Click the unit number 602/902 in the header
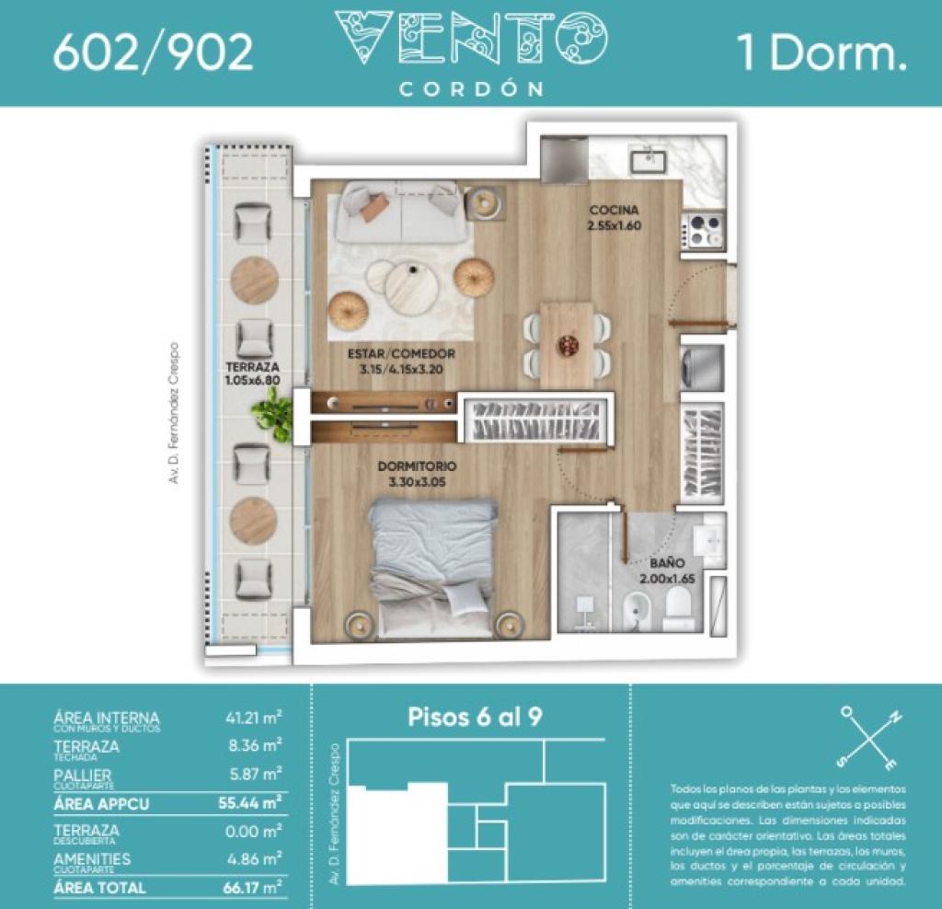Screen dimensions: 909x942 point(153,53)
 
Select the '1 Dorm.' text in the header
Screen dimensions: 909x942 point(821,53)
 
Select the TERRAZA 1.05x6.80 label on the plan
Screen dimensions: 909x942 point(252,372)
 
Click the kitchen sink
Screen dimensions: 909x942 point(648,161)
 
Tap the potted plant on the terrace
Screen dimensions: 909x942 point(272,412)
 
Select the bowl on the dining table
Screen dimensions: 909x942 point(569,345)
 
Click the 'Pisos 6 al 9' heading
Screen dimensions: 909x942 point(474,718)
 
